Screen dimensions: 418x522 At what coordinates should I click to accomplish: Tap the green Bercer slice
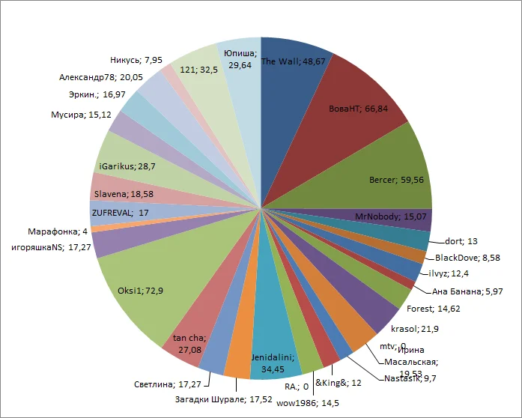tap(389, 172)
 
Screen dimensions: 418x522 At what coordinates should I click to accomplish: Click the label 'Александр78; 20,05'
tap(102, 76)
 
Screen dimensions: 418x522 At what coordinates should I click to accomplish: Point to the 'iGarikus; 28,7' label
tap(127, 166)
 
